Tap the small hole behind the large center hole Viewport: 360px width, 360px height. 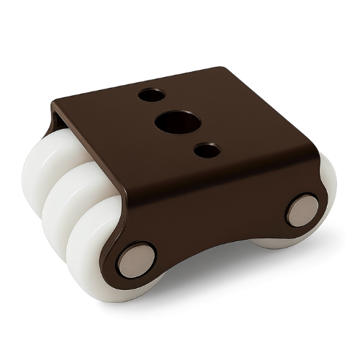coord(150,94)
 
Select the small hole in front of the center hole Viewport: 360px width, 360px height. coord(207,150)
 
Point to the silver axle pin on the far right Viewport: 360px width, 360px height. coord(302,210)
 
